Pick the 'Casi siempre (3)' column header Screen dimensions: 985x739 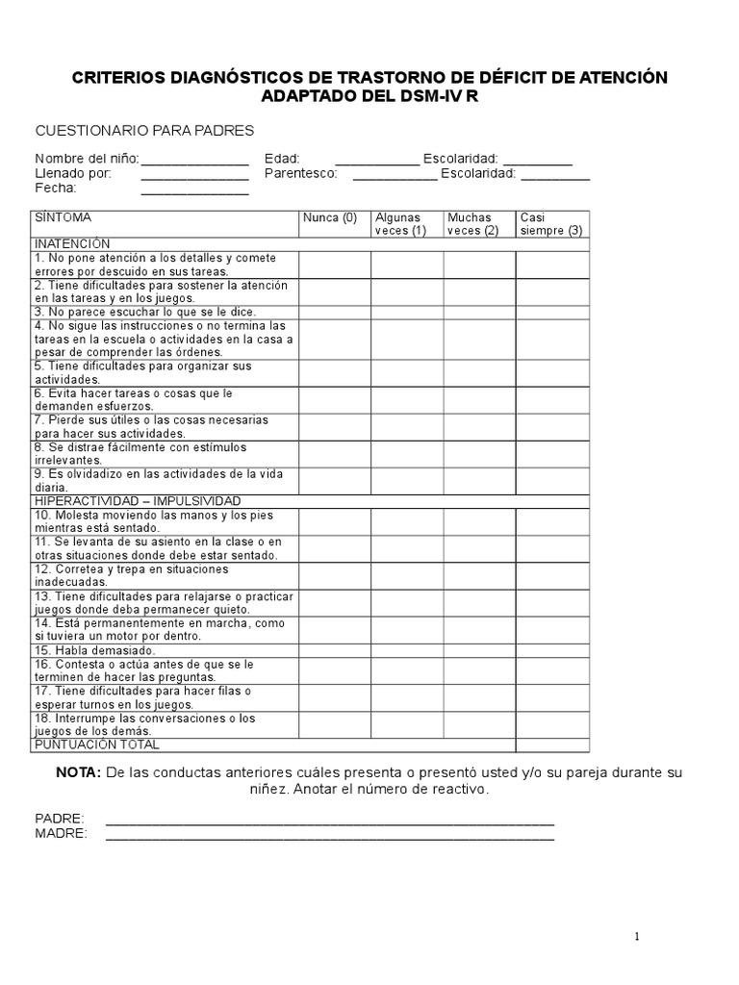pyautogui.click(x=550, y=224)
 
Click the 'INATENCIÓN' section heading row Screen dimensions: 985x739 pyautogui.click(x=73, y=244)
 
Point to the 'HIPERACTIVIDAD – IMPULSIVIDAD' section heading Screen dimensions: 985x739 pyautogui.click(x=138, y=501)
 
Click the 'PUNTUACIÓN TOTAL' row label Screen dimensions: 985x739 pyautogui.click(x=97, y=745)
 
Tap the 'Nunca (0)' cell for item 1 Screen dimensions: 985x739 pyautogui.click(x=335, y=265)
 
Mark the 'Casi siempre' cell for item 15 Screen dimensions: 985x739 pyautogui.click(x=552, y=650)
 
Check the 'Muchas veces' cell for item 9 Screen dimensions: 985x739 pyautogui.click(x=479, y=481)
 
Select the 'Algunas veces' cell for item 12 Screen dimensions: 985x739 pyautogui.click(x=407, y=575)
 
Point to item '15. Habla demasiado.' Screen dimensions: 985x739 pyautogui.click(x=95, y=650)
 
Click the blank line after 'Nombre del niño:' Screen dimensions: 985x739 pyautogui.click(x=195, y=160)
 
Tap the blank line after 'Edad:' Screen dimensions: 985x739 pyautogui.click(x=377, y=160)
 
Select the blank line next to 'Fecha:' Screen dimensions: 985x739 pyautogui.click(x=195, y=190)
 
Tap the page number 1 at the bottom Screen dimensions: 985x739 pyautogui.click(x=636, y=938)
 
